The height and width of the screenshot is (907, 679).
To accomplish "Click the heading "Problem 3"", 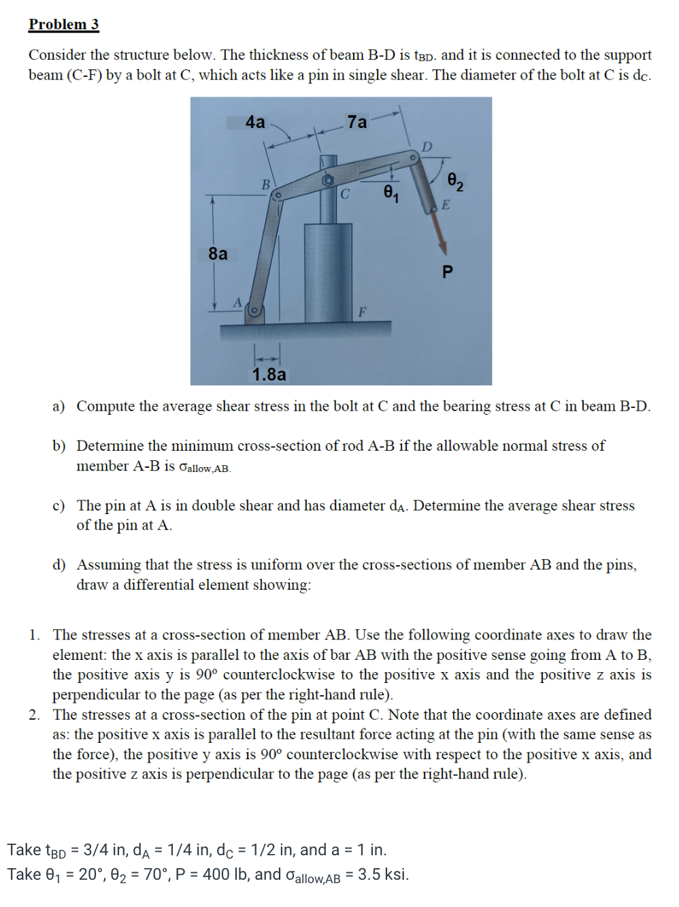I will [64, 25].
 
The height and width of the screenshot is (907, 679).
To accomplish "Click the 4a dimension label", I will [255, 122].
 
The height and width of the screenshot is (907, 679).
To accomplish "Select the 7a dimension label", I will [357, 122].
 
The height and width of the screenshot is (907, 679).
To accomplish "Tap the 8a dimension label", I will [218, 254].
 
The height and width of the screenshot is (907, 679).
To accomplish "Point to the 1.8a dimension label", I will [269, 375].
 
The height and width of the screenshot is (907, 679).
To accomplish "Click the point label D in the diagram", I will [427, 146].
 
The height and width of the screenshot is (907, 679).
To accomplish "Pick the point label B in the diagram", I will [267, 184].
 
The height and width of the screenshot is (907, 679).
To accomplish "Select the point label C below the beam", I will [345, 194].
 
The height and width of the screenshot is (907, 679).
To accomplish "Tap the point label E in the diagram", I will [446, 204].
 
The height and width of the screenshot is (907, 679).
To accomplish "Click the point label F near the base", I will [362, 312].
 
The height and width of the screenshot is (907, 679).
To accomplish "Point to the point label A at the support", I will [237, 302].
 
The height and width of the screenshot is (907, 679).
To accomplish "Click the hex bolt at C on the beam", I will [328, 179].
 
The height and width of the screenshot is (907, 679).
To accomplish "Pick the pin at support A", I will [254, 311].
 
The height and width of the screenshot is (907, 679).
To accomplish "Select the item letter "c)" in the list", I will [59, 505].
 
